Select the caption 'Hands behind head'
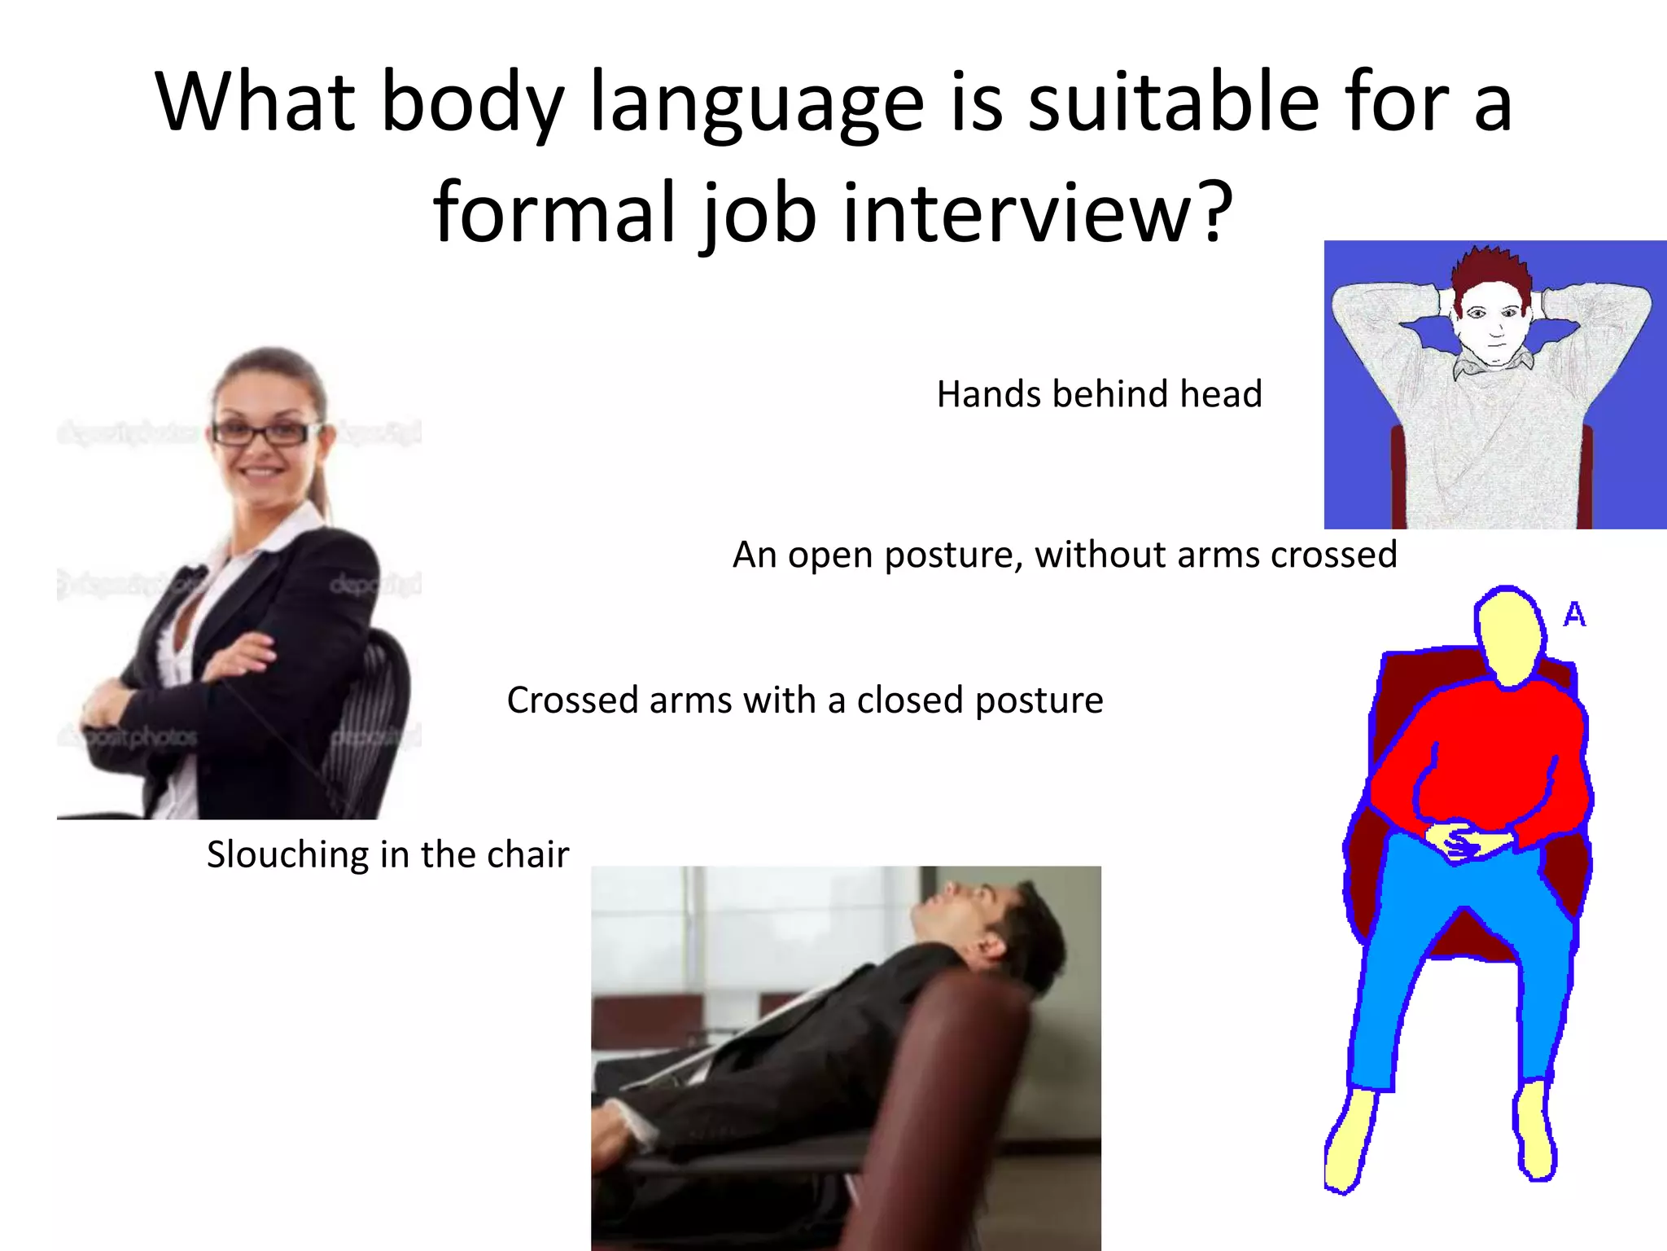[x=1099, y=394]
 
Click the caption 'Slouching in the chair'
[x=387, y=854]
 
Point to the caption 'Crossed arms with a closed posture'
[x=804, y=700]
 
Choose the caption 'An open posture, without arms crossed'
[x=1065, y=555]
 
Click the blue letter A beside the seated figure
[x=1574, y=614]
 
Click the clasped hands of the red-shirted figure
[x=1463, y=841]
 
